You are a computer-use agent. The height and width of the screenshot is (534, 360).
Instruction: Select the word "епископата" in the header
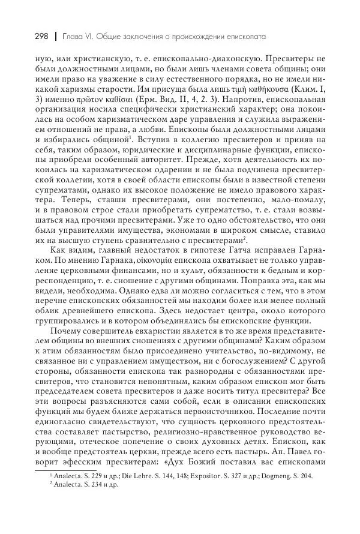(245, 37)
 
